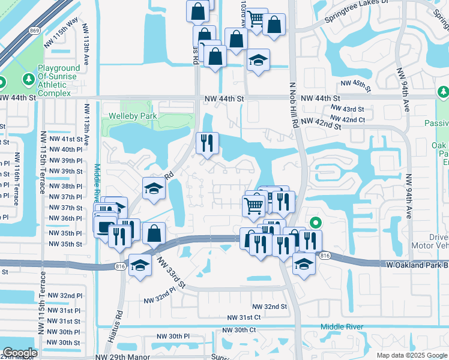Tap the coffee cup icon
104,227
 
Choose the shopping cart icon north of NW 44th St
256,19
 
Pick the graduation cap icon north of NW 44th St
258,60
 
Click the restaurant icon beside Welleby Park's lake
206,143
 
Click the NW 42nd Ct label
349,119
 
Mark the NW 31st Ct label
244,317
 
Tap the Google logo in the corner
20,353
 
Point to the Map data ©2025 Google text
411,355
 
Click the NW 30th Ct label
239,330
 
